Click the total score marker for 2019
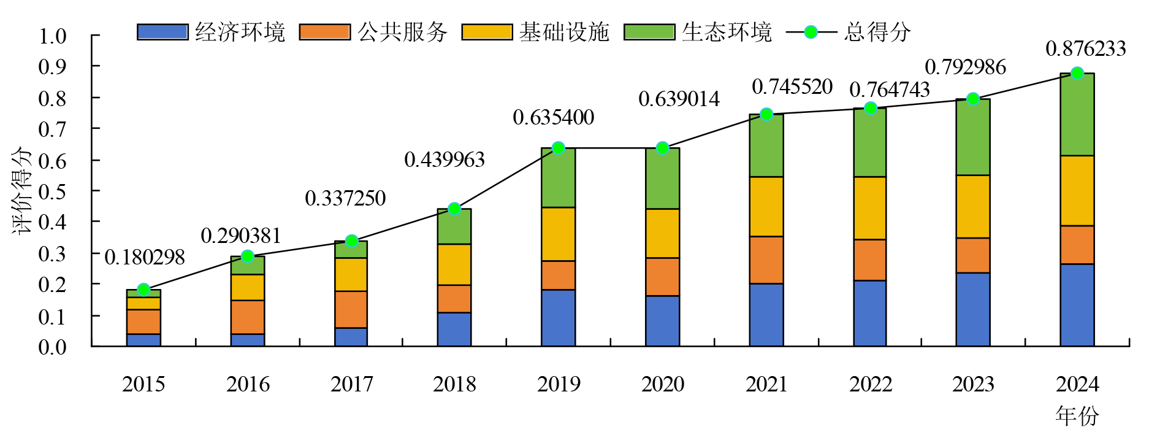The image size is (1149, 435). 558,148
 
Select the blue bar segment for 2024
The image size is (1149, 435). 1077,305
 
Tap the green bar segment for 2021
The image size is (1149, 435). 766,145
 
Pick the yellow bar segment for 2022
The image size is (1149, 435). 870,208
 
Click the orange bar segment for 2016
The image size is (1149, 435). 248,317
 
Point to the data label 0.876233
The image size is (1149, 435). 1085,49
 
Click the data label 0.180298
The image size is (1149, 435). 145,258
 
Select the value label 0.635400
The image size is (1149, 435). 553,117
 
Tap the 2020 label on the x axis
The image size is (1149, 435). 662,384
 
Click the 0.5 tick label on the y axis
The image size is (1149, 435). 52,191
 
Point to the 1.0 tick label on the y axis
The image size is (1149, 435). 52,36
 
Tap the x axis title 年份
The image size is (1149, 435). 1077,415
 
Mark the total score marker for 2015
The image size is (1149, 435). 143,290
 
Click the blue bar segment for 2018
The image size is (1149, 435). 454,329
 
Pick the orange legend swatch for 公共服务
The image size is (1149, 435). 324,32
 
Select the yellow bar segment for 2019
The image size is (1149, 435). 558,234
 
